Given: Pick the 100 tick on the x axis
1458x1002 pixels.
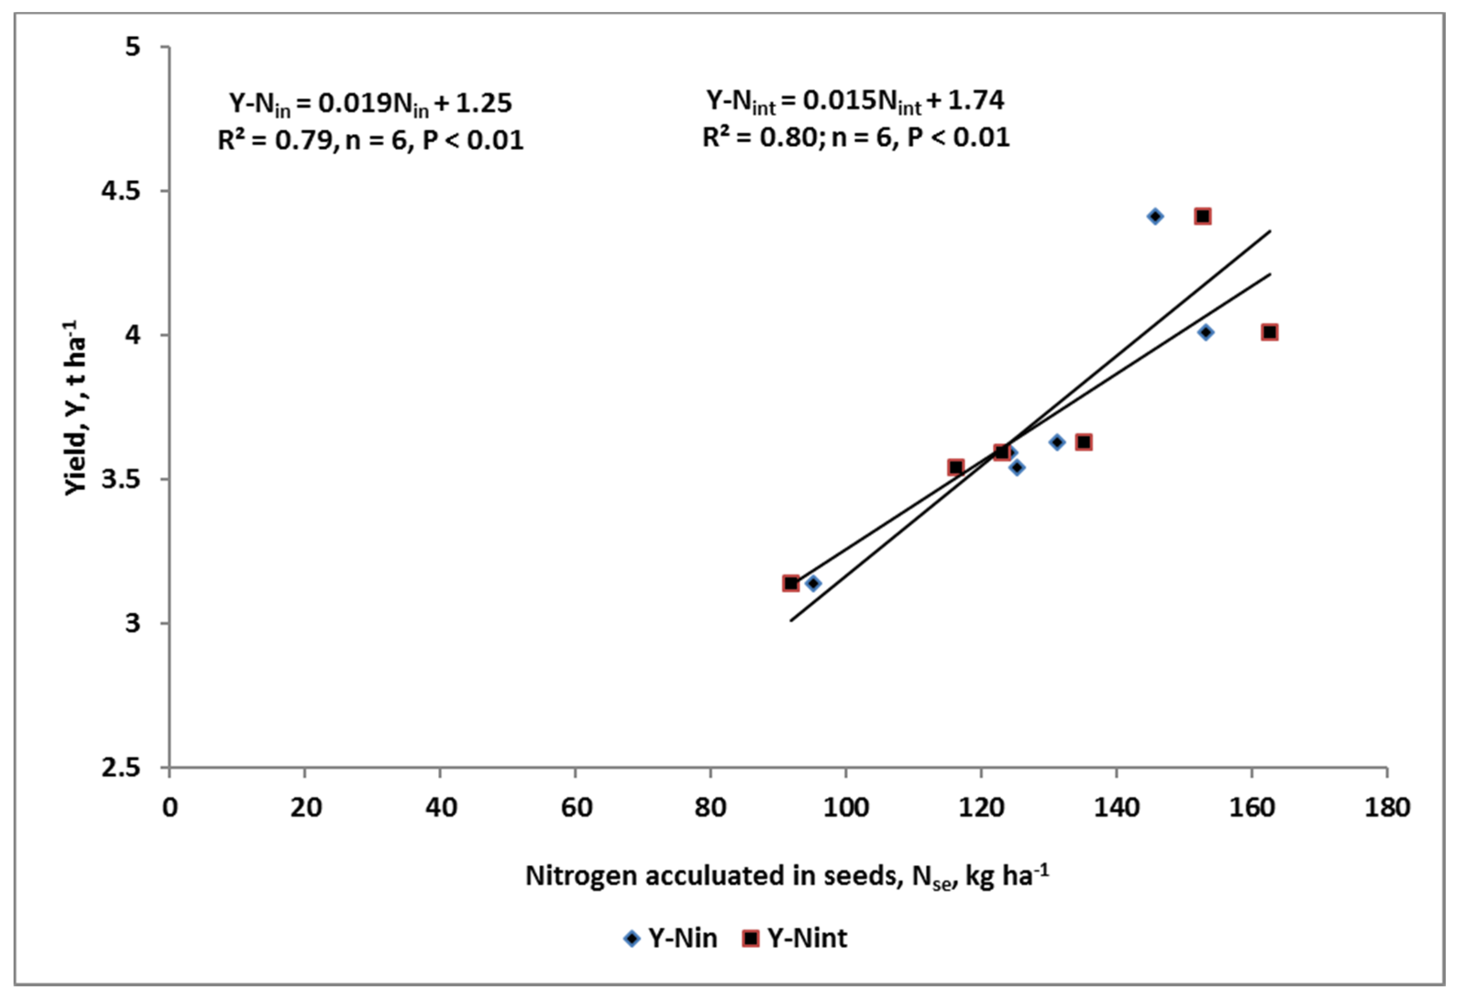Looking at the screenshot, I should pos(846,807).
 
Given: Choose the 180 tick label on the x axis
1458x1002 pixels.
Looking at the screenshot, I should pos(1387,807).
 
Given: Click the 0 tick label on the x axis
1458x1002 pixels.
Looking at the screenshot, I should pos(170,807).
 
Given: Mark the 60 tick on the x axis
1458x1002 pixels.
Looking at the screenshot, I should pos(576,807).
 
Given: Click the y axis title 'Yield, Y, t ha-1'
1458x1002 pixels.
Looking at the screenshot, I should pos(75,408).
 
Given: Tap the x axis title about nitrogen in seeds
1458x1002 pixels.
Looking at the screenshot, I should pos(786,876).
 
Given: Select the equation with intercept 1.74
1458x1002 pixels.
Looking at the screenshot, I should pos(855,100).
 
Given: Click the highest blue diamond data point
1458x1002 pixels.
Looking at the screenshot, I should pos(1155,217).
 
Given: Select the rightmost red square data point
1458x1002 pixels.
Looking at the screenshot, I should pos(1270,332).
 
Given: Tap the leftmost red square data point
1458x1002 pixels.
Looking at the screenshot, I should pos(791,583).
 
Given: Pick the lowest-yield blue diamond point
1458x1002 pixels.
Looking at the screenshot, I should pos(813,583).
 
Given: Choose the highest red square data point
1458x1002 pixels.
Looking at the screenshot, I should pos(1202,217).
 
